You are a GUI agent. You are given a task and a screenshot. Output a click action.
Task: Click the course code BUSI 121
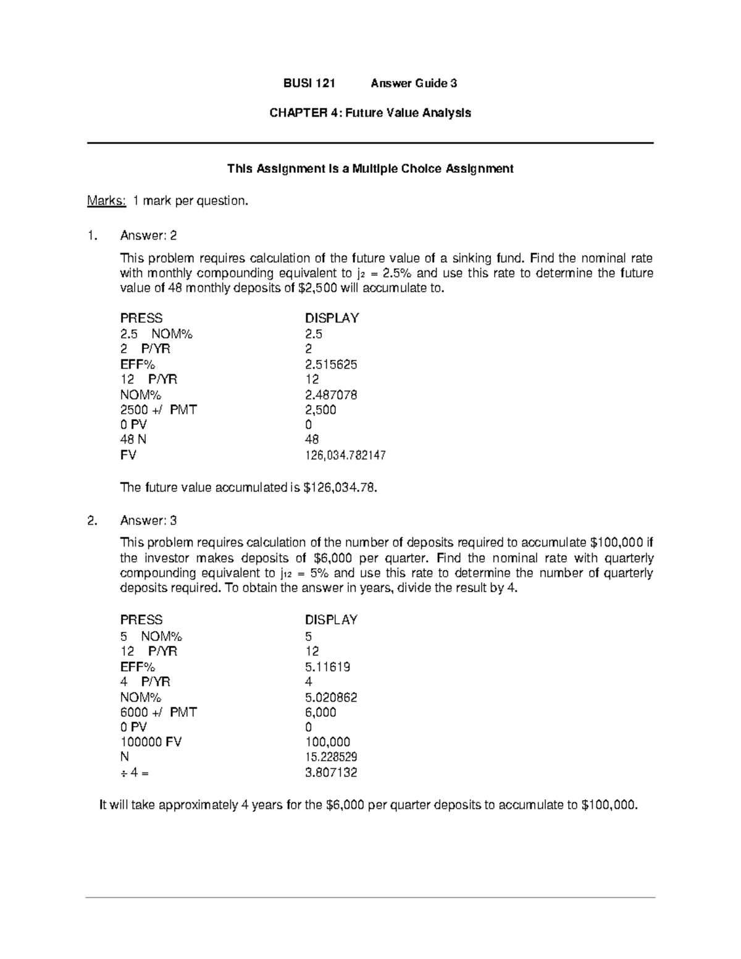click(309, 83)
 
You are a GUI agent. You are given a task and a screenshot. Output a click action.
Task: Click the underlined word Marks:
click(106, 201)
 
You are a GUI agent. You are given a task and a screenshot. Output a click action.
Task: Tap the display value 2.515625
click(330, 364)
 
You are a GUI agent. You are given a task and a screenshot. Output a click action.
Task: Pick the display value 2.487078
click(330, 395)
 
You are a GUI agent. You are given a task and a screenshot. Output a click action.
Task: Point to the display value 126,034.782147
click(345, 456)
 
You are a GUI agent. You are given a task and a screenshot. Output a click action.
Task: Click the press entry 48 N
click(133, 440)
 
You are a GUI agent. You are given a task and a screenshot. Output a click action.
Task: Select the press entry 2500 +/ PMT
click(158, 410)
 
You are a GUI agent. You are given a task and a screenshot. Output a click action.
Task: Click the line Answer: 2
click(148, 235)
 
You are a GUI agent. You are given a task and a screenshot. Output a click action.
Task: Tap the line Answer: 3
click(148, 521)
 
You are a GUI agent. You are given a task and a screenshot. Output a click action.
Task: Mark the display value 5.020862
click(330, 697)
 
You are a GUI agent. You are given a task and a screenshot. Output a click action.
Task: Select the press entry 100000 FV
click(151, 742)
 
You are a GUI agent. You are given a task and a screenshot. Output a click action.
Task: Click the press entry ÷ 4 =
click(134, 773)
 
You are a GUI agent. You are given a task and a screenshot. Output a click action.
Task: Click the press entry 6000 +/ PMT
click(158, 712)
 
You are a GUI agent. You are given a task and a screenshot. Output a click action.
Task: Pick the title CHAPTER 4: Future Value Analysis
click(370, 113)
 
